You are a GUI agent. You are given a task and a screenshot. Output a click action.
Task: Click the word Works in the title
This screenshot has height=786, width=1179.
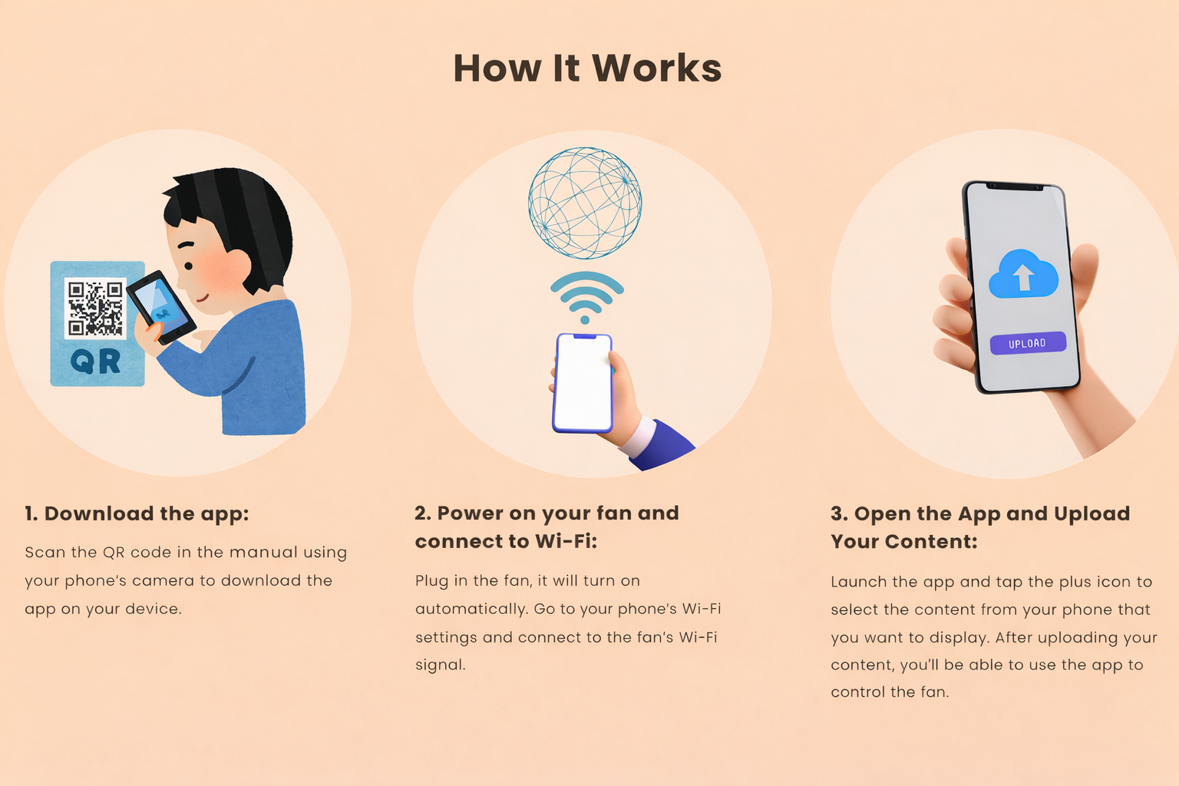(656, 68)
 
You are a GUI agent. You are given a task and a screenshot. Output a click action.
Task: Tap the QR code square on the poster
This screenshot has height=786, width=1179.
(95, 308)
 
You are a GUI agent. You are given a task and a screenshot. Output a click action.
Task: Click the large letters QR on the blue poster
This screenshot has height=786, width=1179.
(95, 362)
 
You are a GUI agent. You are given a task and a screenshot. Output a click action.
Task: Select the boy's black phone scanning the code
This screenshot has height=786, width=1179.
(162, 308)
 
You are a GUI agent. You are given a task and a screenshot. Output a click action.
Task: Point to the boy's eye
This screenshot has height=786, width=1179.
(188, 266)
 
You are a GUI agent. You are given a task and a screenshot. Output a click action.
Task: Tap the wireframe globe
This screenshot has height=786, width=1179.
(585, 203)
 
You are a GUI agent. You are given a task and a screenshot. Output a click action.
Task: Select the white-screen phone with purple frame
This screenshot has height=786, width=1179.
(583, 383)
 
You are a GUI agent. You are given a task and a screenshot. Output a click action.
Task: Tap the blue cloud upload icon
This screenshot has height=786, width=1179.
(1023, 274)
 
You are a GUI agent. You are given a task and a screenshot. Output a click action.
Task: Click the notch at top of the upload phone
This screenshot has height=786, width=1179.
(1014, 187)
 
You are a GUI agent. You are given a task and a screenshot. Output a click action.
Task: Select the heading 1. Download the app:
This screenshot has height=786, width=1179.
(137, 514)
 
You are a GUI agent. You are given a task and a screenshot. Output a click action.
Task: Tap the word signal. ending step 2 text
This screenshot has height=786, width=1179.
(441, 665)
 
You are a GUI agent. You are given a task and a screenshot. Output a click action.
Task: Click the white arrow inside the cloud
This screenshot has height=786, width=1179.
(1023, 277)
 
